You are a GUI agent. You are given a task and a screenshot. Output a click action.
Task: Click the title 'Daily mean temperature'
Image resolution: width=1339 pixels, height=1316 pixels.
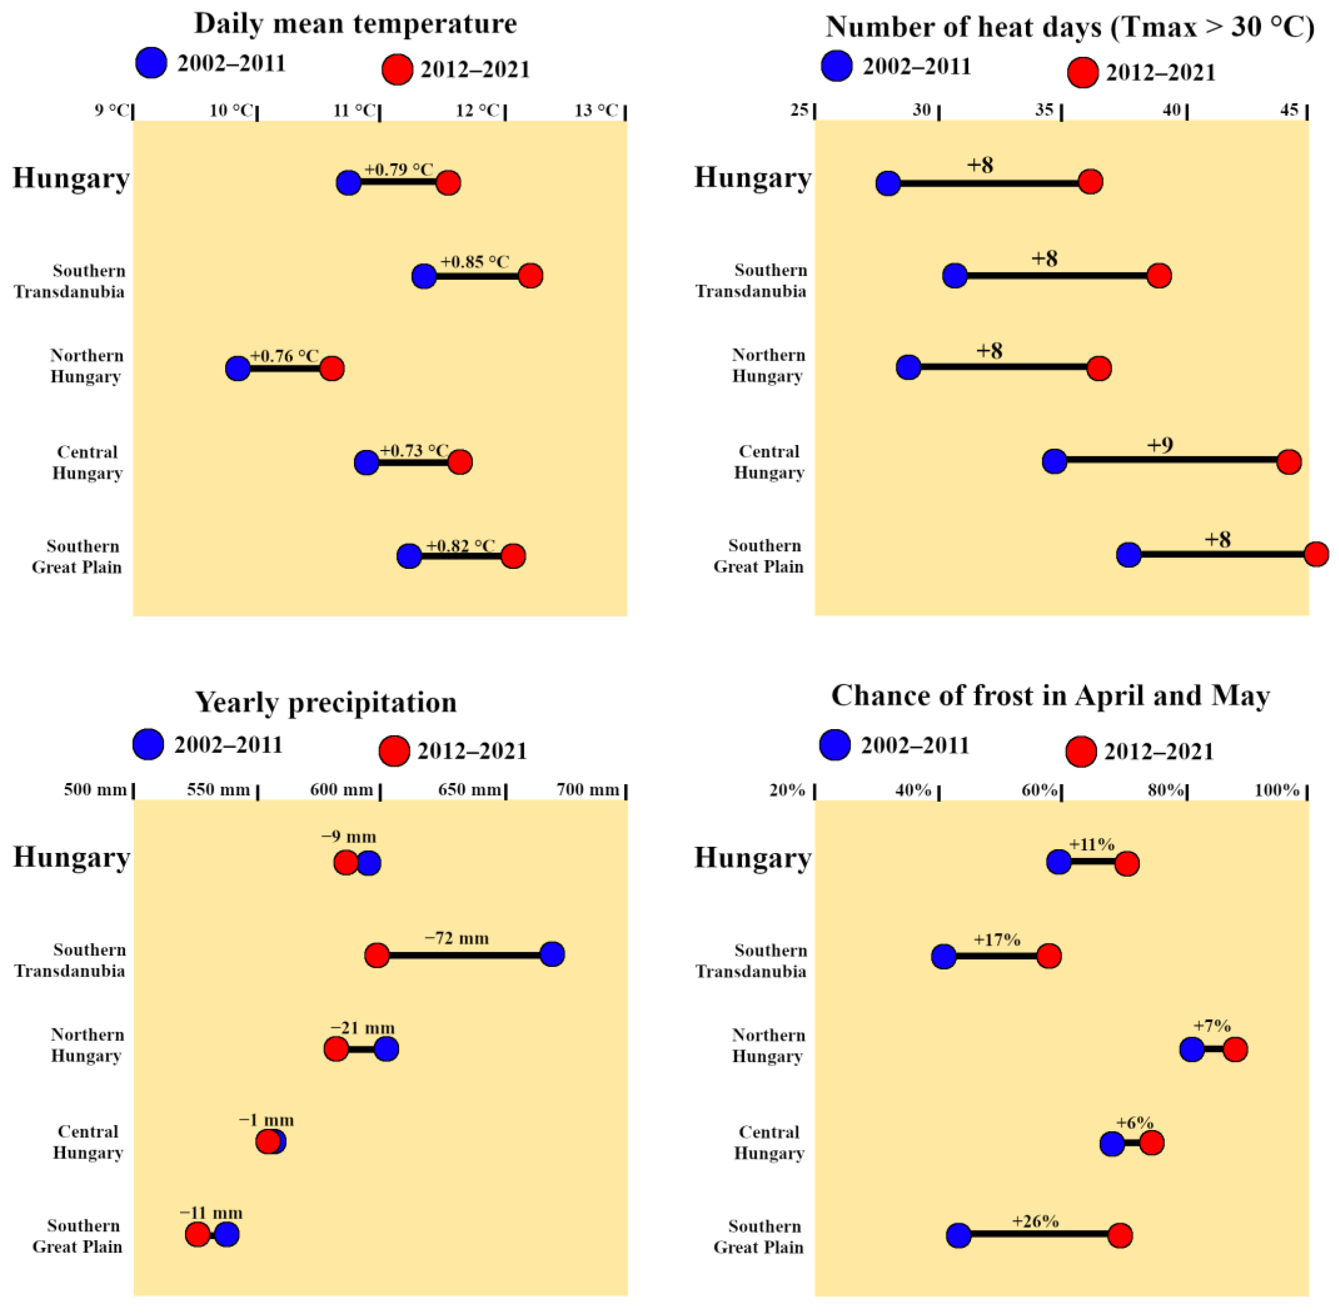coord(355,23)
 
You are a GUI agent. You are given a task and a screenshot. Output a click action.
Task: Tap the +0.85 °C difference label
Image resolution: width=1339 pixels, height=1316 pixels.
coord(475,262)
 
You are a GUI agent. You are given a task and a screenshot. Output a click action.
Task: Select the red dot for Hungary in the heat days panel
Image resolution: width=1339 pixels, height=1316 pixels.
coord(1090,182)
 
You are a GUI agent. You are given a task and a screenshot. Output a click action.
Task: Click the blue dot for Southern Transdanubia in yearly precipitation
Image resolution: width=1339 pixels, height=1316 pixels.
coord(552,954)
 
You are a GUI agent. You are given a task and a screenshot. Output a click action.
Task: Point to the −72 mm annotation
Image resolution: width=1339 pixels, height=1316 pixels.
coord(457,938)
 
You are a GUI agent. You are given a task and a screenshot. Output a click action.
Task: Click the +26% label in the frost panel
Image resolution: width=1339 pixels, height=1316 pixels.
coord(1035,1221)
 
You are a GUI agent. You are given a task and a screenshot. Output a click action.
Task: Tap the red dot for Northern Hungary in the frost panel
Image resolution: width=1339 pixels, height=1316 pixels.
coord(1235,1049)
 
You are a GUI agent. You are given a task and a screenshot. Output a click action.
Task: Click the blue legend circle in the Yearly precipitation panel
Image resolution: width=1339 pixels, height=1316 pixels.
coord(148,745)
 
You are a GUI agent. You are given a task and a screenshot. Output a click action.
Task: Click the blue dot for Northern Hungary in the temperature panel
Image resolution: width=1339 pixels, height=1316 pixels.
coord(238,368)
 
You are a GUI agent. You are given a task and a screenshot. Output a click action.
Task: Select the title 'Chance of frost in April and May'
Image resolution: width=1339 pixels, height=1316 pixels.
coord(1050,696)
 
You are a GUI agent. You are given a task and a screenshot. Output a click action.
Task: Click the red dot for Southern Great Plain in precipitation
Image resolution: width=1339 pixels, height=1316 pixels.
coord(198,1234)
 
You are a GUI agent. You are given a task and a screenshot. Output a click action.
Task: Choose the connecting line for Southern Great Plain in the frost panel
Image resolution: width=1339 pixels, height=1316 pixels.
coord(1039,1234)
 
